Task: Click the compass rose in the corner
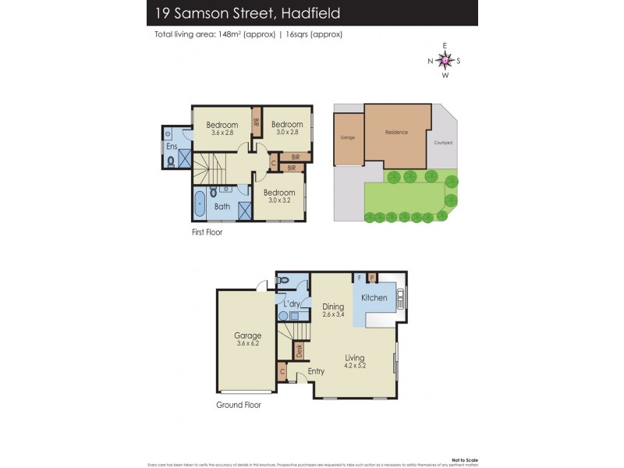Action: click(x=445, y=60)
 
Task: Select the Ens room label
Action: click(x=171, y=146)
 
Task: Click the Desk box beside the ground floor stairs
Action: click(x=299, y=352)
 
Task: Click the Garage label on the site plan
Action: click(x=347, y=137)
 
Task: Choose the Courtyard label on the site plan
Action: click(x=443, y=143)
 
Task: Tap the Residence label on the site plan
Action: click(x=396, y=133)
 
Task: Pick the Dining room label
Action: click(x=333, y=307)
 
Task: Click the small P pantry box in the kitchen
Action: click(x=372, y=277)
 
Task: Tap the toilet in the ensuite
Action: click(x=171, y=161)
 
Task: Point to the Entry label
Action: click(x=316, y=371)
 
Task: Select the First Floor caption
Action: click(x=207, y=232)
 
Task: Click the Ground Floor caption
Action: click(x=238, y=405)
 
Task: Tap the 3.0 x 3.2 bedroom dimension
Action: click(x=278, y=200)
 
